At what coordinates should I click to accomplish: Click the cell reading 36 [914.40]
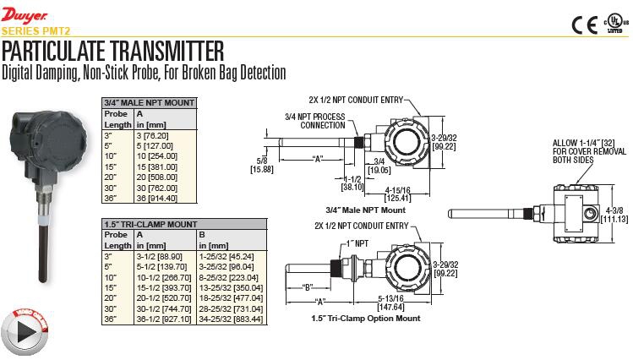[x=156, y=199]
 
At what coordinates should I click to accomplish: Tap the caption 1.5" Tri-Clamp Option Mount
[x=367, y=319]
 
